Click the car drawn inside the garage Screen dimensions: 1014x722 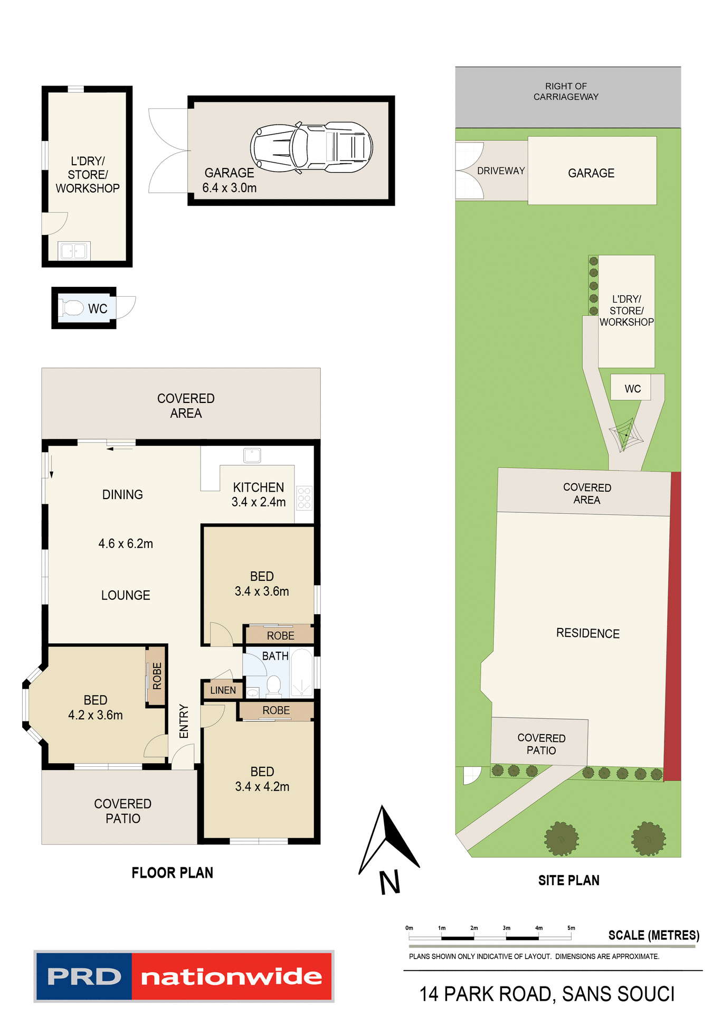[x=311, y=148]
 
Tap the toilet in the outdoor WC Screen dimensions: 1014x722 [x=72, y=308]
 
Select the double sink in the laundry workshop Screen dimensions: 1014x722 [x=73, y=251]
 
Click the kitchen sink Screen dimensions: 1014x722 [x=252, y=455]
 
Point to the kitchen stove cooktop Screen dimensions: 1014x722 [x=304, y=497]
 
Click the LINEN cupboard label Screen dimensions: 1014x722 [x=223, y=690]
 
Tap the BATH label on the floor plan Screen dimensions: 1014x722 [x=275, y=656]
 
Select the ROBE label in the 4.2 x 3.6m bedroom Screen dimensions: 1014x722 [x=157, y=676]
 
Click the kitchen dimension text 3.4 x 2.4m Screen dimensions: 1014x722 [x=259, y=502]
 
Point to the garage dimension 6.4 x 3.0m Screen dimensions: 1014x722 [x=230, y=188]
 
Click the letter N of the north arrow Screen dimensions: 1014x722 [x=390, y=882]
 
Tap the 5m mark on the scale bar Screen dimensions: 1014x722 [x=571, y=928]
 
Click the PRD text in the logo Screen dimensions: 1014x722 [x=84, y=977]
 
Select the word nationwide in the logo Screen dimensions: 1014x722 [x=232, y=977]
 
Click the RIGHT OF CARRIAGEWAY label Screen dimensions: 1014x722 [x=566, y=91]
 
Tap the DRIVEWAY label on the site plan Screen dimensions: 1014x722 [x=501, y=171]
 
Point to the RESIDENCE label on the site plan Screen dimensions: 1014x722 [x=588, y=633]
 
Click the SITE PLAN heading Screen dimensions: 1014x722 [x=568, y=880]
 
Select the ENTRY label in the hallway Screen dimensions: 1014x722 [x=184, y=721]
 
